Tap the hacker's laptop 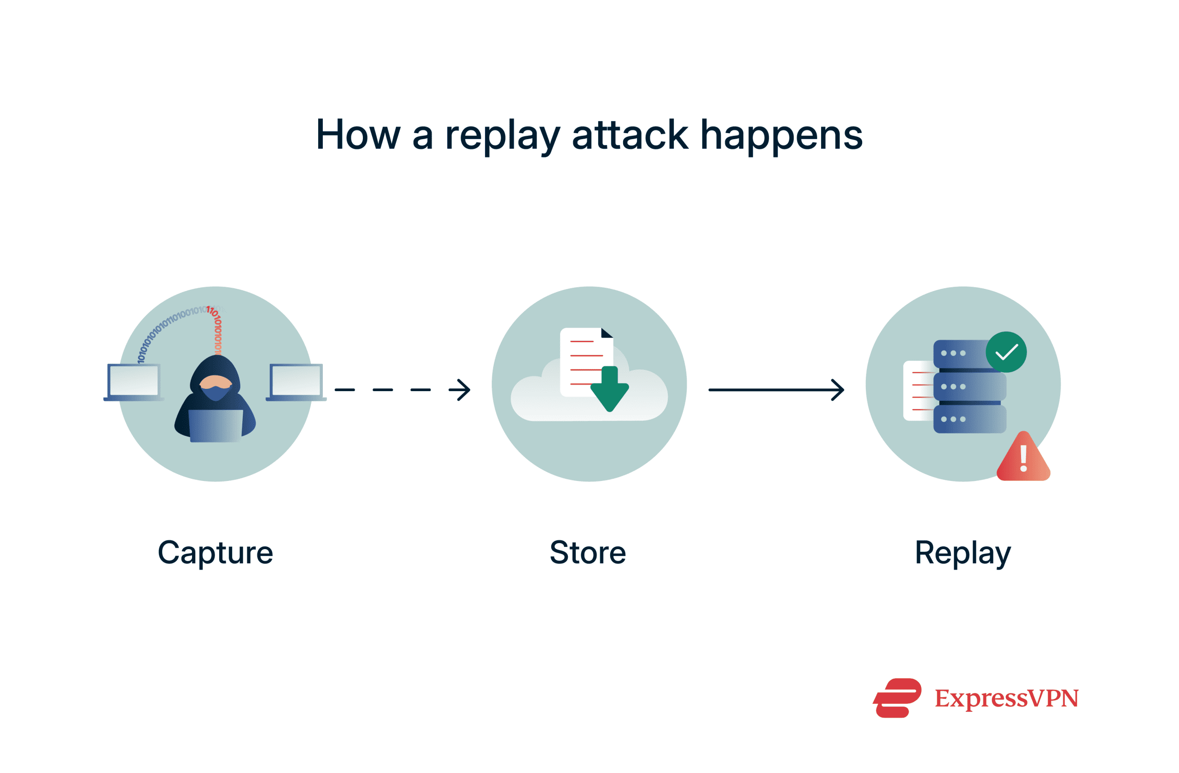(x=216, y=425)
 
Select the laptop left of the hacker (x=133, y=381)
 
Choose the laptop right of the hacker (x=296, y=381)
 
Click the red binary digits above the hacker (x=216, y=329)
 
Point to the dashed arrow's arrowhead (x=462, y=390)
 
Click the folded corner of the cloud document (x=607, y=333)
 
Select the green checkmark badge (x=1006, y=352)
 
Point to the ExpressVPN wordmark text (x=1006, y=698)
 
